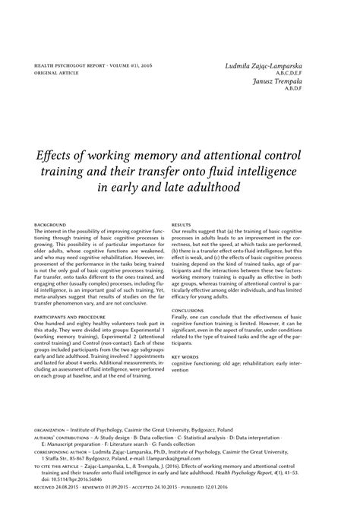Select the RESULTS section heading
(x=181, y=226)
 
